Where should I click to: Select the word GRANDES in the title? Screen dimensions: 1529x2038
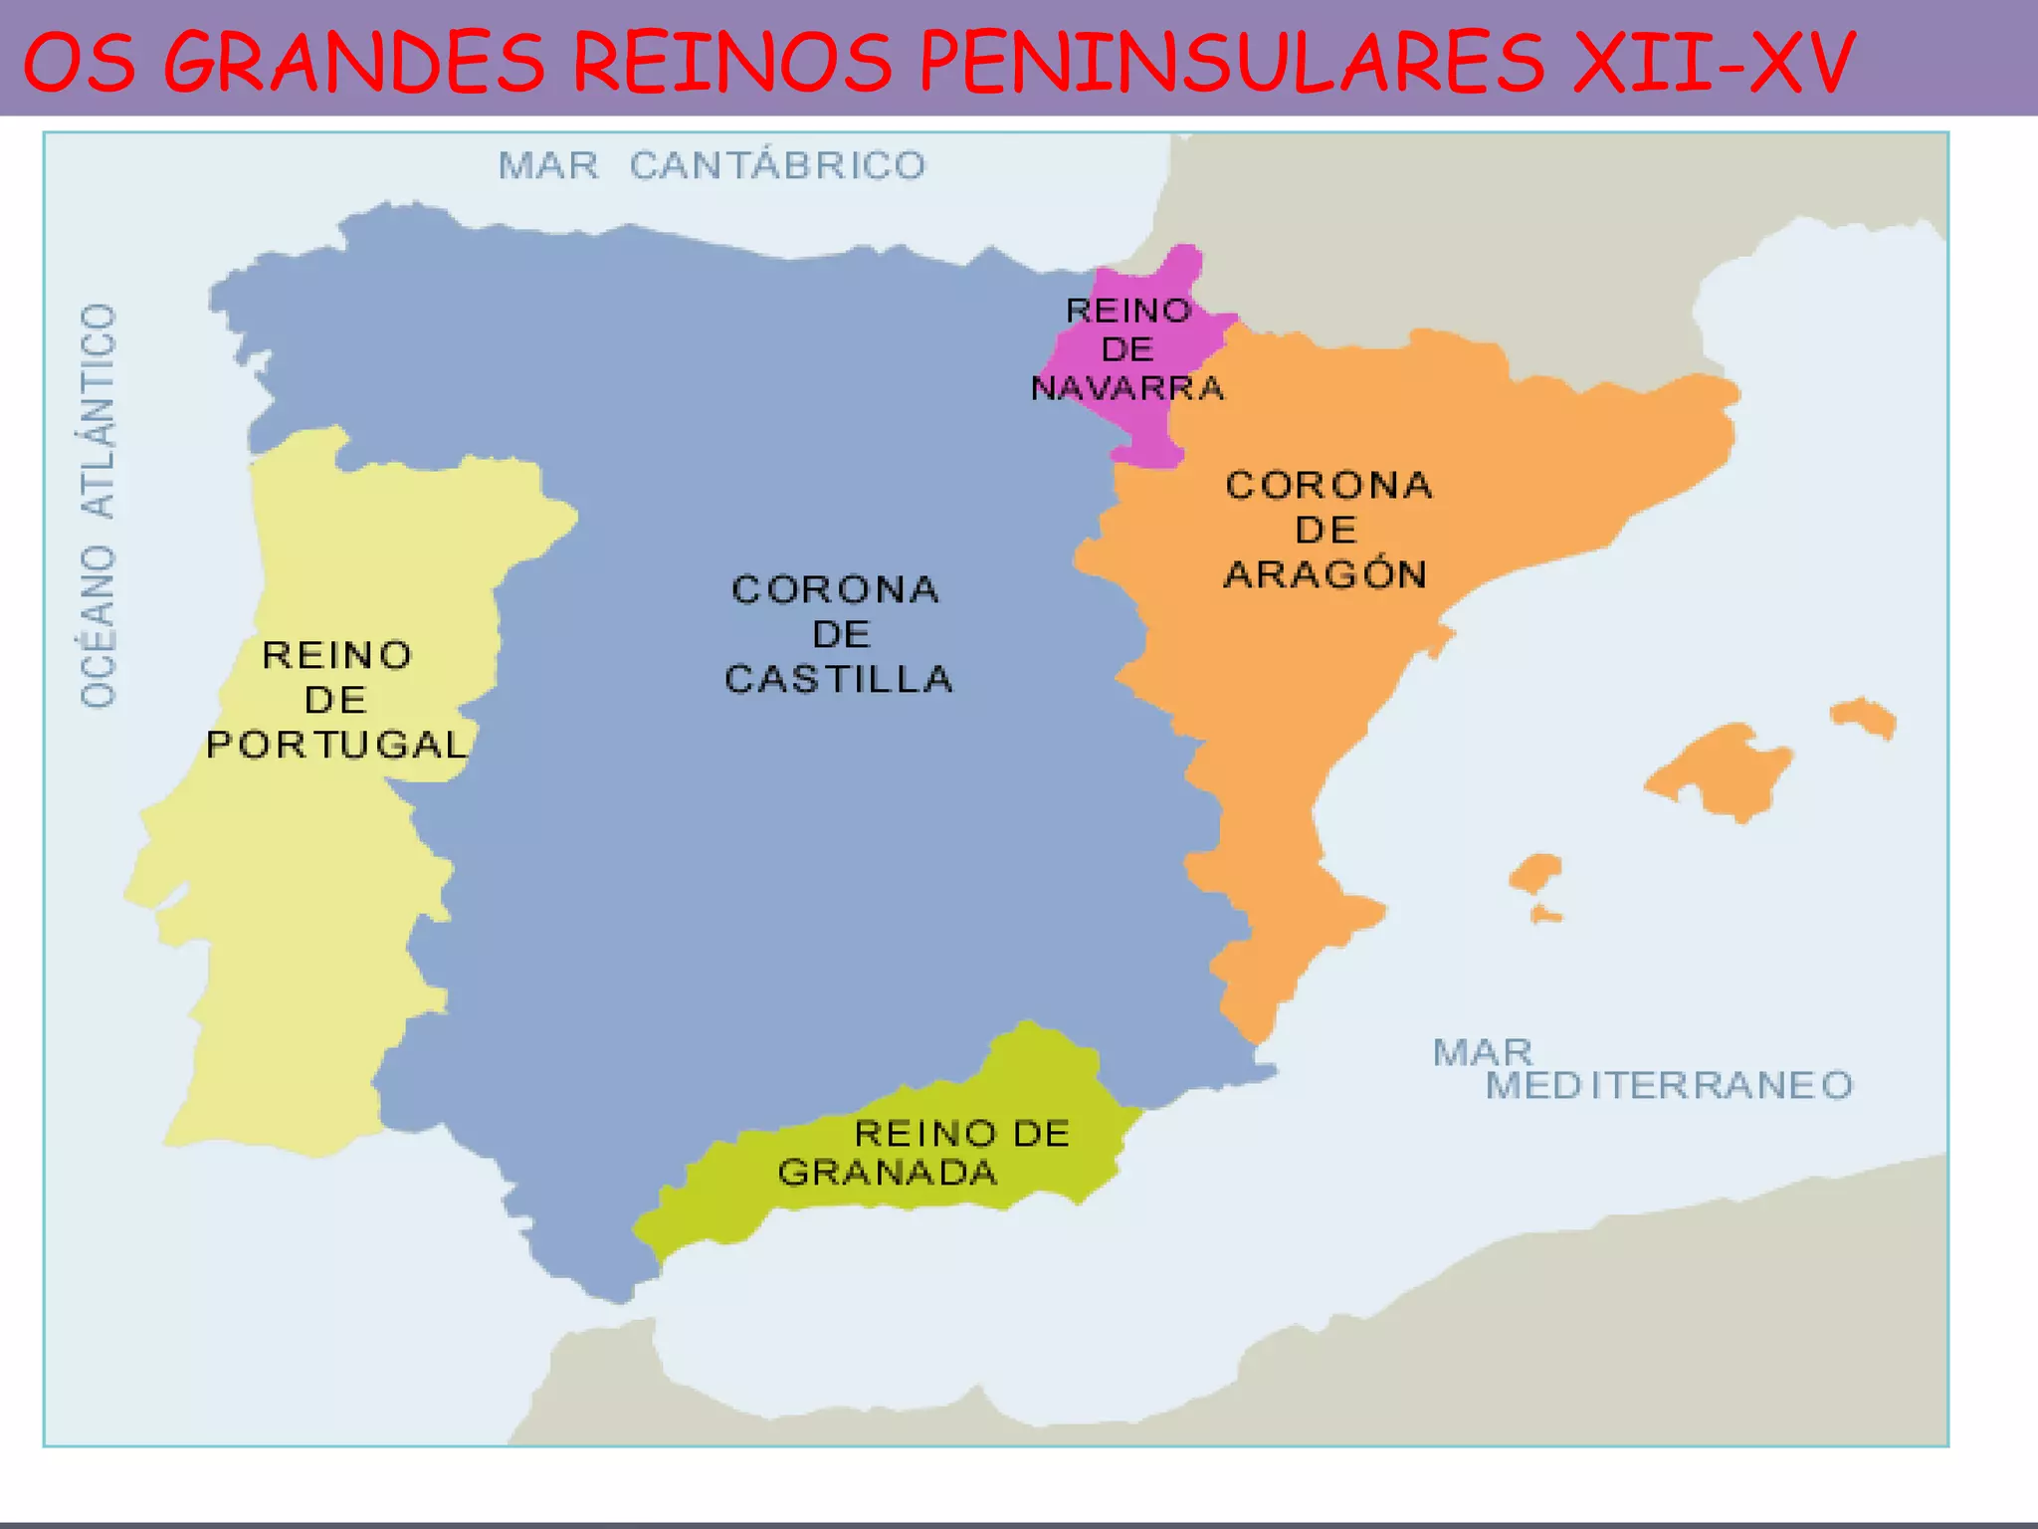[354, 62]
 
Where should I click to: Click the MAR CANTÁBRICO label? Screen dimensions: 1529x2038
[712, 165]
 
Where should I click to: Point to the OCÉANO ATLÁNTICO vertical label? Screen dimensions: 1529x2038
[99, 506]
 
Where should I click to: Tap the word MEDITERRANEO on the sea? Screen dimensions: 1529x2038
[1669, 1085]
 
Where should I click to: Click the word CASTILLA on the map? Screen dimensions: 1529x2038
[839, 679]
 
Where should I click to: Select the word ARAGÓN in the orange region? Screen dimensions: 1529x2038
[1325, 574]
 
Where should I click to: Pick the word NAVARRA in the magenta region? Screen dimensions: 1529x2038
[1127, 387]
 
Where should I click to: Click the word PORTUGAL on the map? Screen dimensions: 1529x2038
[336, 745]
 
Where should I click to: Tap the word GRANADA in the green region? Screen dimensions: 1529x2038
[888, 1173]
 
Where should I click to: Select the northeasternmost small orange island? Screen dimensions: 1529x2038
[1864, 716]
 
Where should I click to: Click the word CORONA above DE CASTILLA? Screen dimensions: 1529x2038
[835, 589]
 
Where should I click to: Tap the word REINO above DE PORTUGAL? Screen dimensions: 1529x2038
[336, 655]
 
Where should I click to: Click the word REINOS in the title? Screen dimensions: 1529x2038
[732, 62]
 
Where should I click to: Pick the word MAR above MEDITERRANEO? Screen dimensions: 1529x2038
[1483, 1052]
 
